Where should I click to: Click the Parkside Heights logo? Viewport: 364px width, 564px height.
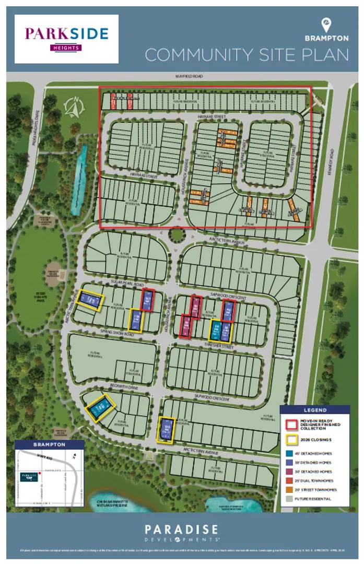(x=66, y=38)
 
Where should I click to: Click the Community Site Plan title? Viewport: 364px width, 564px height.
(x=246, y=55)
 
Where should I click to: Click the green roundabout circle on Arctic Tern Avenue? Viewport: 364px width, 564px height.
(x=178, y=235)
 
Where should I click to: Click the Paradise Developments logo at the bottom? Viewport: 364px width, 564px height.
(x=181, y=533)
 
